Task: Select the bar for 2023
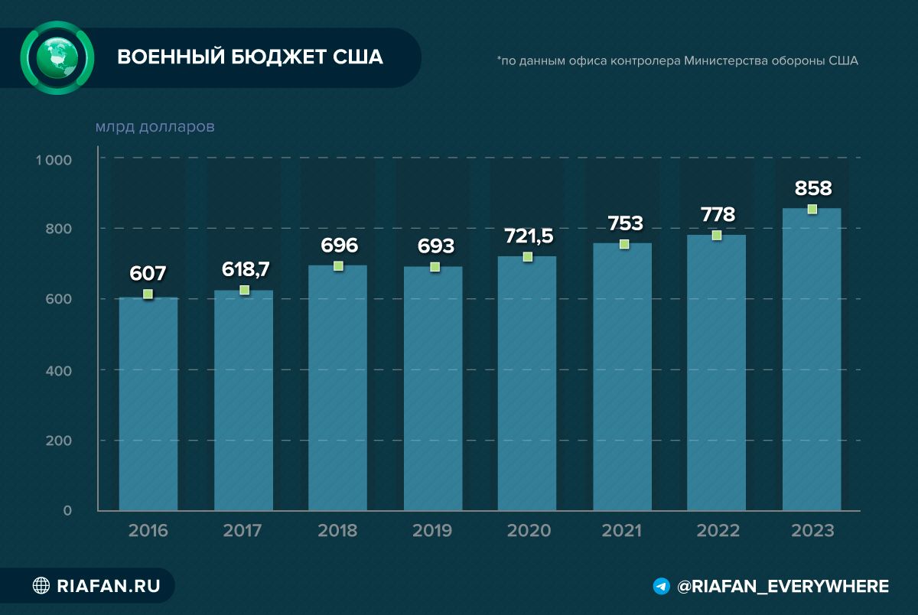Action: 812,360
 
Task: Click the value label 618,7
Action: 245,270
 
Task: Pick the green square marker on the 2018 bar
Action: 338,265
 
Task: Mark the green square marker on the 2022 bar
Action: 717,235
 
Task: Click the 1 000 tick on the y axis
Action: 53,160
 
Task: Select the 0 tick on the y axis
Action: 67,510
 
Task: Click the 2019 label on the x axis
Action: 432,531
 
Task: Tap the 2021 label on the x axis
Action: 622,531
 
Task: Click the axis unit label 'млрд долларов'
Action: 155,126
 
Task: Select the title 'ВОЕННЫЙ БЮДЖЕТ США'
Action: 249,58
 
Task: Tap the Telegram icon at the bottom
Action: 662,587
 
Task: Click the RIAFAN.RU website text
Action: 109,587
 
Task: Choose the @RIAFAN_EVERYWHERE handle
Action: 783,587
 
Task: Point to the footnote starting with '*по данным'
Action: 677,61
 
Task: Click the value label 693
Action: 435,246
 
